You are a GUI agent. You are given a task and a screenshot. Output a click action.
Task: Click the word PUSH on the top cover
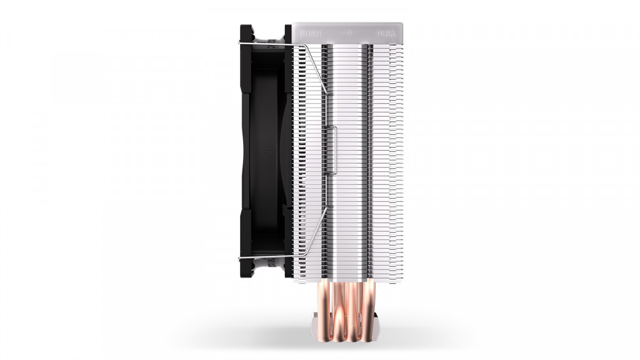click(310, 34)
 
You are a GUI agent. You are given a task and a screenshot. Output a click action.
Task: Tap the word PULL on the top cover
click(386, 34)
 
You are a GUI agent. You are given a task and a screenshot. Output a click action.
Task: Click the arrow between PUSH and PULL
click(348, 33)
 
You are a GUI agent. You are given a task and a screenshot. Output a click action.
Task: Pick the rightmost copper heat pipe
click(367, 304)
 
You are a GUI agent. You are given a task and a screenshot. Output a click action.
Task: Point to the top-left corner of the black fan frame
click(241, 26)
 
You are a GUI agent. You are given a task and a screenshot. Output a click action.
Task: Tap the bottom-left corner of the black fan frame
click(241, 278)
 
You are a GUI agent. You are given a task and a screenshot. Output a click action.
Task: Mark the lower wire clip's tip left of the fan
click(239, 259)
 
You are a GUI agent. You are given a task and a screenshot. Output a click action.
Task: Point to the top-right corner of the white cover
click(402, 24)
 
